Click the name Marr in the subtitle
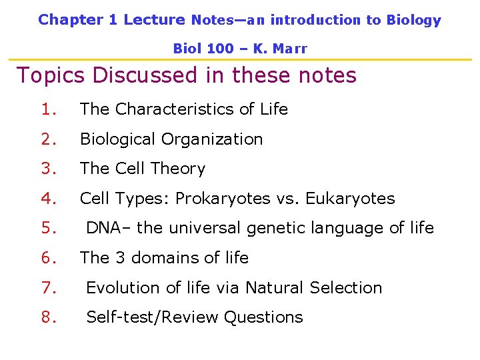click(x=290, y=49)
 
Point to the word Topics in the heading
click(x=51, y=75)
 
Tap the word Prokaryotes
click(x=219, y=199)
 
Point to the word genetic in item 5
click(x=275, y=229)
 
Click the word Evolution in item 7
click(x=123, y=288)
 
